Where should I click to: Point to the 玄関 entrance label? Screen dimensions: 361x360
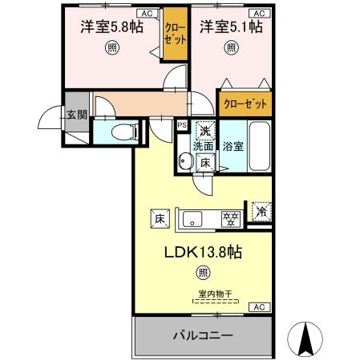click(77, 116)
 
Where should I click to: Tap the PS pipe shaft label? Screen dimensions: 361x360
click(182, 125)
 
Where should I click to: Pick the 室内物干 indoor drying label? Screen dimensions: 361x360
click(215, 294)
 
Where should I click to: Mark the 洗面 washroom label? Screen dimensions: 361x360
click(203, 147)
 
